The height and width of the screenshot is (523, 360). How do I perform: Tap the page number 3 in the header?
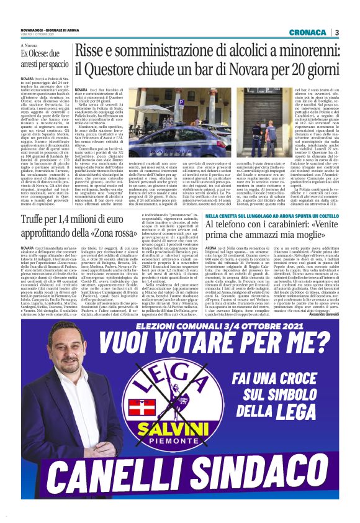[336, 33]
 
